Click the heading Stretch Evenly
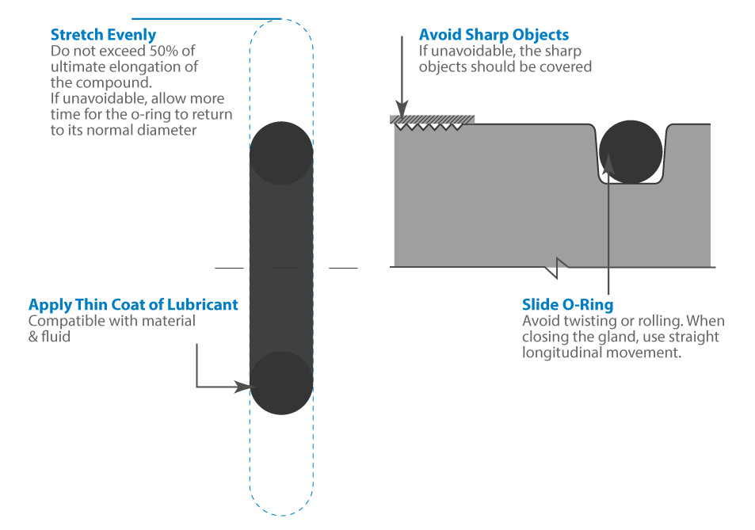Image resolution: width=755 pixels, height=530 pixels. coord(103,36)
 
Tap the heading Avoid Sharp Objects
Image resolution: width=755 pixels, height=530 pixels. coord(494,36)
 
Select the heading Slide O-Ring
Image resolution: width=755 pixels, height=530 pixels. coord(567,305)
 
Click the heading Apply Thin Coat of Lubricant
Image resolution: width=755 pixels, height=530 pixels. coord(133,305)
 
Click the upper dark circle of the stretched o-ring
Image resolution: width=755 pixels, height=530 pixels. coord(282,153)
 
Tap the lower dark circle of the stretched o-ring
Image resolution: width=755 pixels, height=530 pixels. coord(282,383)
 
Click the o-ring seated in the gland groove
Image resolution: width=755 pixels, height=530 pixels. coord(631,152)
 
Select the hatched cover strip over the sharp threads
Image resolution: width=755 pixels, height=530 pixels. coord(433,120)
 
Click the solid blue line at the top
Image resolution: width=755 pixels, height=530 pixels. coord(206,18)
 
